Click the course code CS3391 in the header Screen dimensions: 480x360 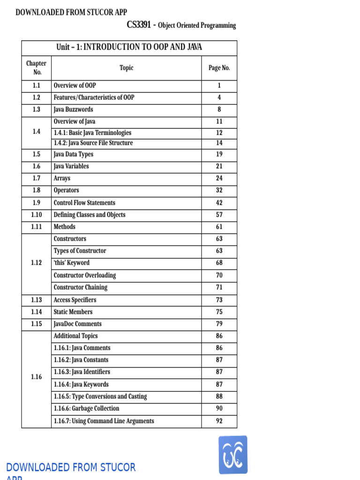point(139,25)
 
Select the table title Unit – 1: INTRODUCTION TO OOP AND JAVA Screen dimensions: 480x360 point(129,47)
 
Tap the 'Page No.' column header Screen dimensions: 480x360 point(219,68)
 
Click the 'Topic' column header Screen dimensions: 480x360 point(126,68)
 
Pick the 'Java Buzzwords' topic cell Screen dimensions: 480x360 point(73,110)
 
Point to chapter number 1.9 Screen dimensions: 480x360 point(37,203)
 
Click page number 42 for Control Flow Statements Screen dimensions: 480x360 point(219,203)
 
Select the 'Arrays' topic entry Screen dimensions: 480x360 point(62,179)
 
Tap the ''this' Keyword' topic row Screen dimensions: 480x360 point(71,263)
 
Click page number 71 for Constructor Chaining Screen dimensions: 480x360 point(219,287)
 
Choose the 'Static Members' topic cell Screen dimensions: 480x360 point(73,312)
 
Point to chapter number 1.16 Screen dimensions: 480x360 point(37,377)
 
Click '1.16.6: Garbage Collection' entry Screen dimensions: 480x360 point(86,409)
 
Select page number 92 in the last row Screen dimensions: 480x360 point(219,421)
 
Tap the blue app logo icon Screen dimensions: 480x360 point(233,455)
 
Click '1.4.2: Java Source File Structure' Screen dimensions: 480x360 point(93,143)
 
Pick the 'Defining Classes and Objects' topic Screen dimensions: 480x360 point(89,215)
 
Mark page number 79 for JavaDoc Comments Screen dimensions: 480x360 point(219,324)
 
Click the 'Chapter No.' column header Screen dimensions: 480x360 point(37,68)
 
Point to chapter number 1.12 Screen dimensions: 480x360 point(37,263)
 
